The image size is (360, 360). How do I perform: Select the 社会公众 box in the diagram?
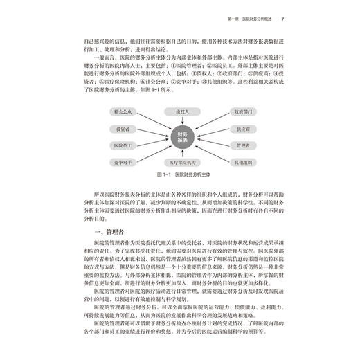(x=121, y=110)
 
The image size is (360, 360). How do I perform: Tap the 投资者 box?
(x=121, y=128)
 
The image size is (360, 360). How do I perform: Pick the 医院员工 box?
(x=121, y=147)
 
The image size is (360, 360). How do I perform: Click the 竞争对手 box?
(x=121, y=164)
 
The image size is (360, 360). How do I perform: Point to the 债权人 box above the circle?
(x=180, y=110)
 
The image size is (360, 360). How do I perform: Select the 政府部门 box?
(x=240, y=110)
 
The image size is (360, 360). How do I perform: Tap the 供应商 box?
(x=240, y=128)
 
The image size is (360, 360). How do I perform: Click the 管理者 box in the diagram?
(x=240, y=147)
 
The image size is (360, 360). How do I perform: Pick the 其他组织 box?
(x=240, y=164)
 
